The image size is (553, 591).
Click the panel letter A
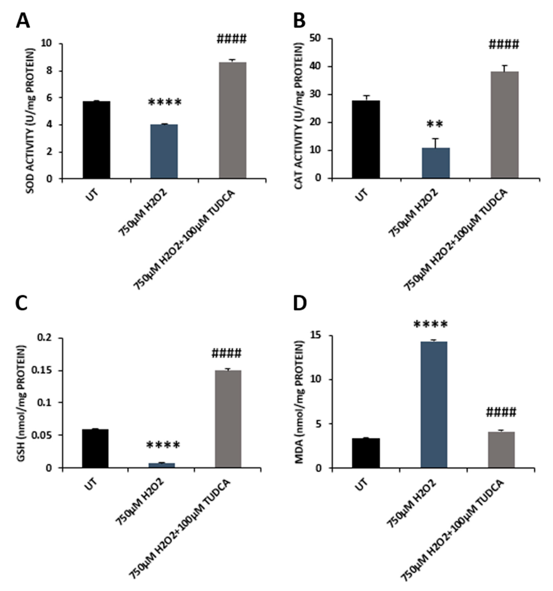click(x=23, y=21)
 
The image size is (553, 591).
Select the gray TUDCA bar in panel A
click(x=232, y=120)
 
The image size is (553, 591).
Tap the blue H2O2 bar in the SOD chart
click(x=164, y=152)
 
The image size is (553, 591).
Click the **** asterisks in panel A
click(x=164, y=103)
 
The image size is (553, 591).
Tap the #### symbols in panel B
click(x=504, y=45)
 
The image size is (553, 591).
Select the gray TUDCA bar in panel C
click(x=228, y=419)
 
